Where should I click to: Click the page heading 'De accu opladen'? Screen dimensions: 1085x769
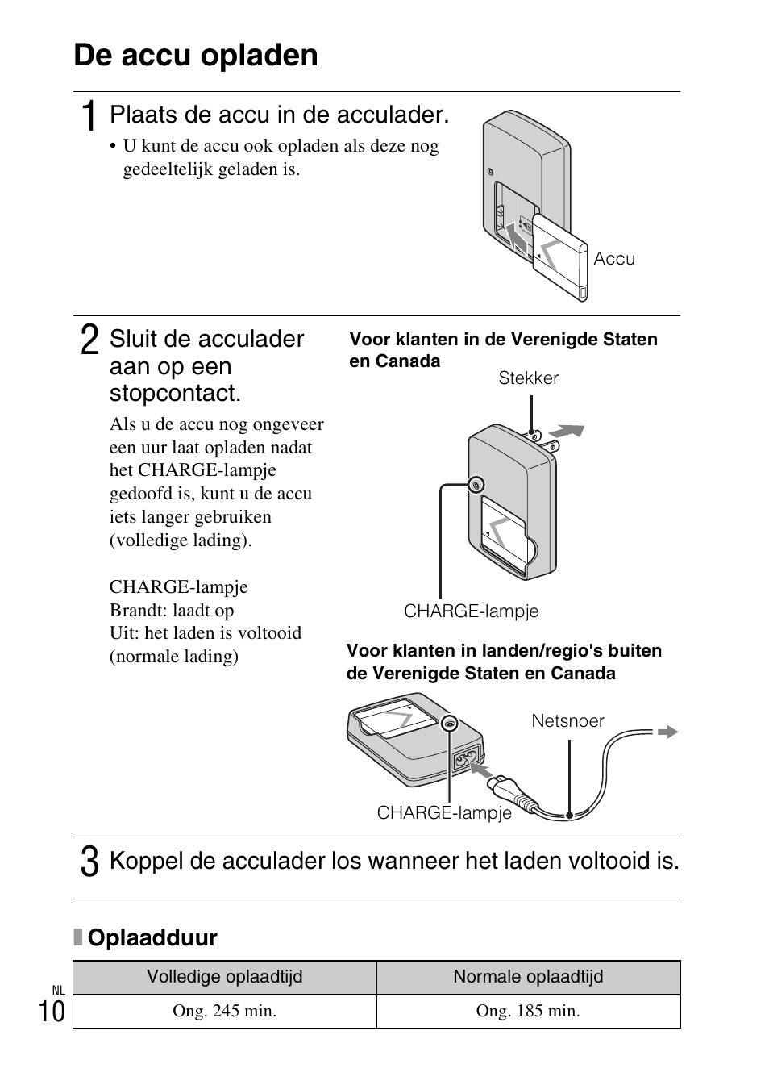196,55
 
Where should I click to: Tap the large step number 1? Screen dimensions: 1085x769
90,115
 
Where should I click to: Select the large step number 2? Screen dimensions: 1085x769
90,340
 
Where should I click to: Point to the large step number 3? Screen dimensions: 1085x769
90,862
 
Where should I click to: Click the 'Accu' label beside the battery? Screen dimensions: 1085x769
614,259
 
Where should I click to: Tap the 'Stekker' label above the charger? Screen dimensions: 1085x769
528,378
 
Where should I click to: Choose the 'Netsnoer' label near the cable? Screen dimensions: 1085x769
567,721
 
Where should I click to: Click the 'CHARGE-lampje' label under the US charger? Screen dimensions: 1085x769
471,611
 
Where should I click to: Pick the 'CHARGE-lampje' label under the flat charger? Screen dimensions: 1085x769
444,813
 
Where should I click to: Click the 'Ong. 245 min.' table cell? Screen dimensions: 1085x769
224,1011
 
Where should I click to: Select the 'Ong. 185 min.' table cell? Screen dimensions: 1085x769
528,1011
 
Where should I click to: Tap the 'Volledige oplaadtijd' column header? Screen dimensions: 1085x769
224,977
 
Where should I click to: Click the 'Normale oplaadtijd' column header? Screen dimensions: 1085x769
528,977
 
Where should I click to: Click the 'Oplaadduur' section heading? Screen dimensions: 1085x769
152,937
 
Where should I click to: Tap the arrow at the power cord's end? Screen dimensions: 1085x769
667,732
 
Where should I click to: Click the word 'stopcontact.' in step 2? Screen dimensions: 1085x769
175,394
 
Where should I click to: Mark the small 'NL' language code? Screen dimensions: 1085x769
58,990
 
